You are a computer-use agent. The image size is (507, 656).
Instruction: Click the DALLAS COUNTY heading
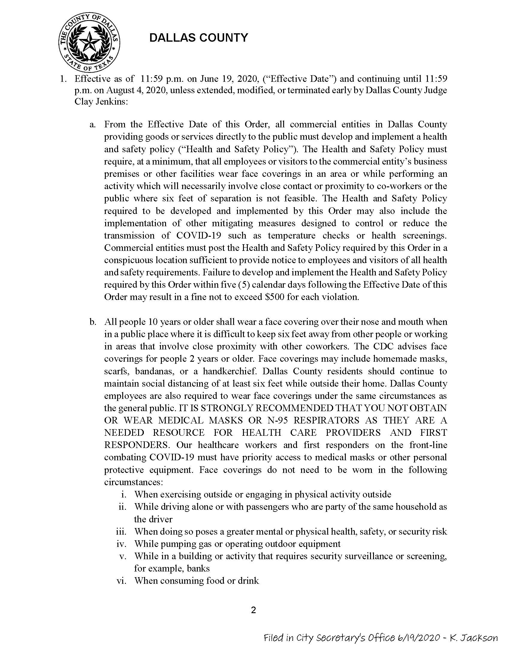[x=199, y=38]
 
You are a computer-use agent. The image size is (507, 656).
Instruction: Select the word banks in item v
[x=198, y=568]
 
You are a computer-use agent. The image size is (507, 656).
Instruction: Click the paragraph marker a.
[x=93, y=124]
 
